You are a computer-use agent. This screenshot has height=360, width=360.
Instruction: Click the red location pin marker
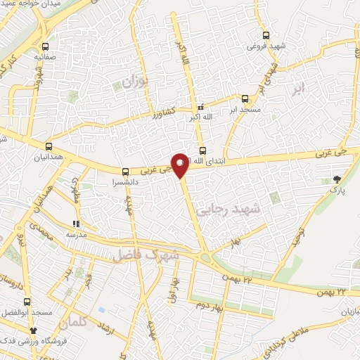point(180,165)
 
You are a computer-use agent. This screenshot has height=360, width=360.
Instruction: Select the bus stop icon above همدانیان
point(49,146)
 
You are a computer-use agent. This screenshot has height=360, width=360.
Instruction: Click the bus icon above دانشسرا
point(125,170)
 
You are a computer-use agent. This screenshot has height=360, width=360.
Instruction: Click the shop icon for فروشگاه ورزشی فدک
point(32,330)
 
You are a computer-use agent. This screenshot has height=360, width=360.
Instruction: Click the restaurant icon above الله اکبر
point(202,106)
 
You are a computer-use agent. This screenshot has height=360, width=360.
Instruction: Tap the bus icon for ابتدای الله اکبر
point(202,150)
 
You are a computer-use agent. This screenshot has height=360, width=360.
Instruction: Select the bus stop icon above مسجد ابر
point(245,99)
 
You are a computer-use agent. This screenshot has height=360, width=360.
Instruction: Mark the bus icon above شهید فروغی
point(266,34)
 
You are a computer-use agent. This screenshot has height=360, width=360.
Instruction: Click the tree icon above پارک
point(337,179)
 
